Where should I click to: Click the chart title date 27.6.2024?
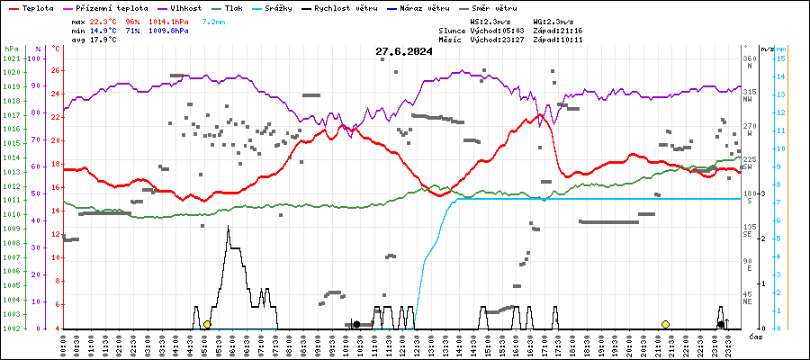pos(404,51)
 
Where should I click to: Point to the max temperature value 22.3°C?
pos(104,21)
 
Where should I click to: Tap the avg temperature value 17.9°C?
pos(104,40)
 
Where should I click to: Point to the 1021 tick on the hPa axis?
pos(11,58)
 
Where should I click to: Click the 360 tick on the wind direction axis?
pos(749,58)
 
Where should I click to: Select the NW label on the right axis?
pos(747,100)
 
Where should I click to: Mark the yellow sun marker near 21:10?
pos(665,324)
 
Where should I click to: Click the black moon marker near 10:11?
pos(356,324)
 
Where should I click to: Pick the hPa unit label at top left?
pos(11,48)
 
